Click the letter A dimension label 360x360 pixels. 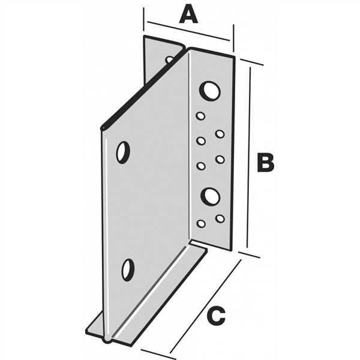(x=188, y=13)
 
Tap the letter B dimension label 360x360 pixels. (x=265, y=163)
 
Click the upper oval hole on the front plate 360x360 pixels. (x=123, y=152)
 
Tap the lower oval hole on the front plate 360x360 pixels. (x=128, y=269)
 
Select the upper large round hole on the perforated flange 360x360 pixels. (x=209, y=91)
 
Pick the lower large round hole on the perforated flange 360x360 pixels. (x=210, y=196)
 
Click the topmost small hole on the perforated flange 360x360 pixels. (x=200, y=116)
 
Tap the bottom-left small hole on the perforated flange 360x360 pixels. (x=201, y=223)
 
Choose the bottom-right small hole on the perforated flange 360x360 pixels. (x=220, y=218)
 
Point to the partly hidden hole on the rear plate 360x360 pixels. (x=170, y=59)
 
